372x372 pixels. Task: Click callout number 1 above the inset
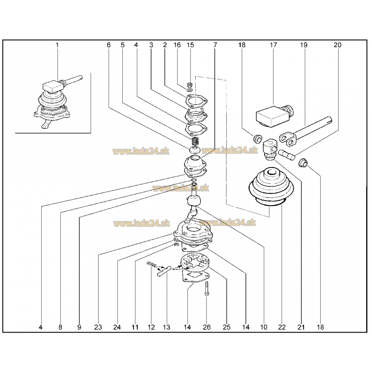57,45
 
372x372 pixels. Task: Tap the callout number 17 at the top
273,45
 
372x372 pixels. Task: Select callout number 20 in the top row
337,45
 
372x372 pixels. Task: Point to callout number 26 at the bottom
206,327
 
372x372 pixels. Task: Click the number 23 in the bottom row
98,327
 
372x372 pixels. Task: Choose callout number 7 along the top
215,45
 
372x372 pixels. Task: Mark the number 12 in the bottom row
151,327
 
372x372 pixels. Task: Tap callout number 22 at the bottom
282,327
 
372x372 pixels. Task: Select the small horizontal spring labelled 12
152,264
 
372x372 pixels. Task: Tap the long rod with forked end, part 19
305,132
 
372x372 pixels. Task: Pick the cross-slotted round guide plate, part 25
195,263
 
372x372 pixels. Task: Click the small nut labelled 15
190,84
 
